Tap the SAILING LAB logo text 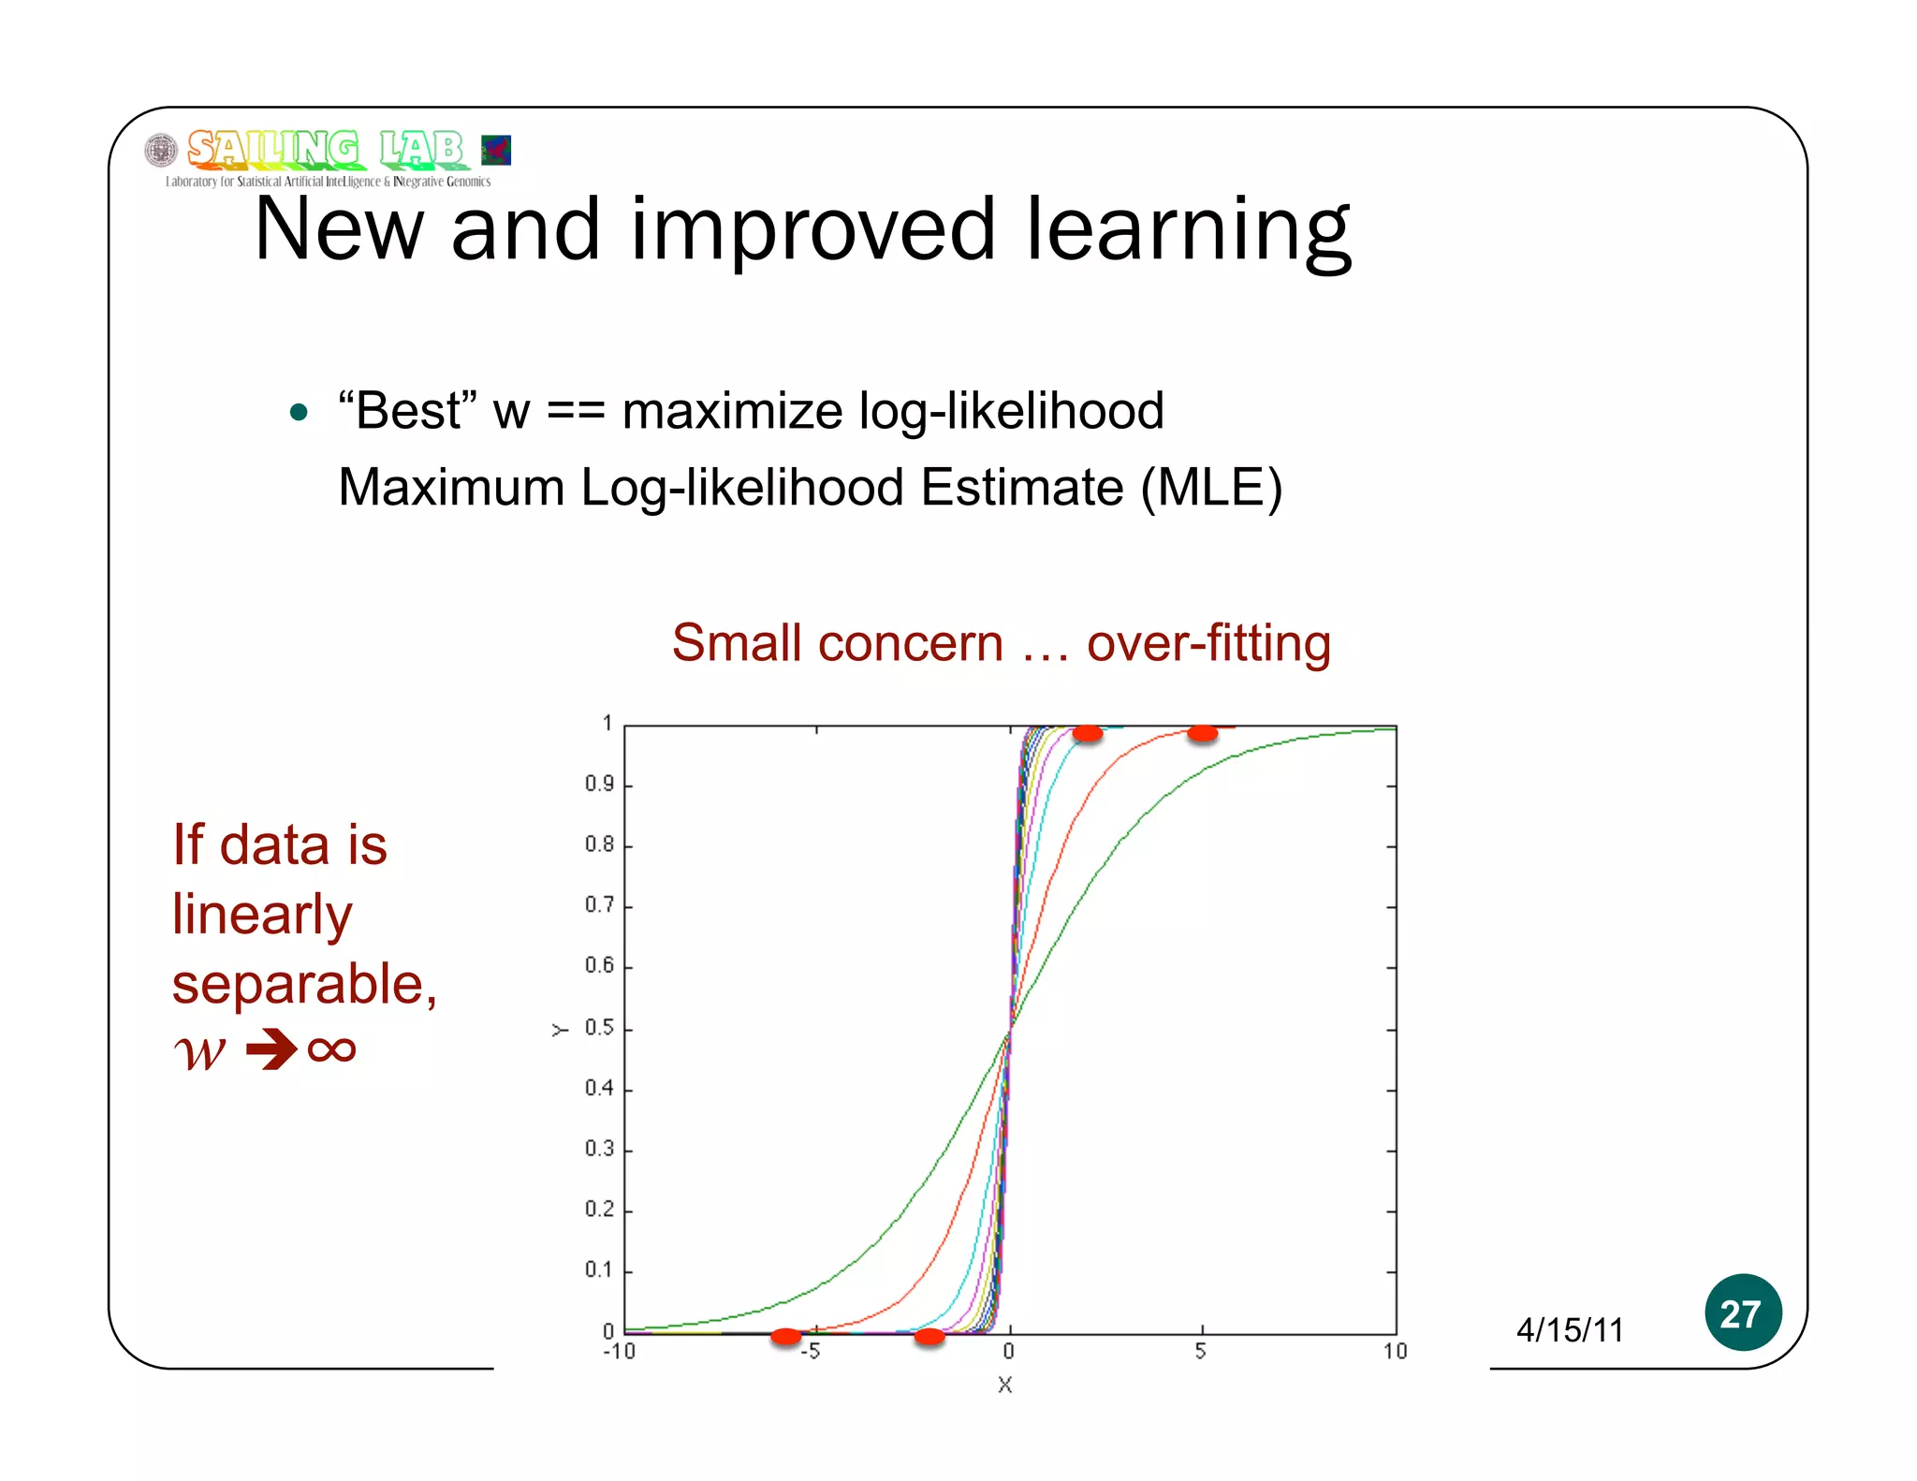[325, 149]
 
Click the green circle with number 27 [1742, 1312]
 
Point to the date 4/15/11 [1570, 1330]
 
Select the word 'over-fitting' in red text [1208, 643]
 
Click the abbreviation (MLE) [1211, 488]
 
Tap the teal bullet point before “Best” [299, 413]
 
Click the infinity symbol [331, 1049]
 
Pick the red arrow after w [271, 1049]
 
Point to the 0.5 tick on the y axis [599, 1028]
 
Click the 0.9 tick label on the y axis [599, 784]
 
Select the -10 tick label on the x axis [619, 1352]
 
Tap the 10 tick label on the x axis [1395, 1352]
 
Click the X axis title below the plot [1005, 1385]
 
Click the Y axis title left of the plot [560, 1030]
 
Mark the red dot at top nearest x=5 [1202, 733]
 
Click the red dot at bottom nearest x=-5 [786, 1336]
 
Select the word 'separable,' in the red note [304, 984]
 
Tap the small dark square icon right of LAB [496, 150]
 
